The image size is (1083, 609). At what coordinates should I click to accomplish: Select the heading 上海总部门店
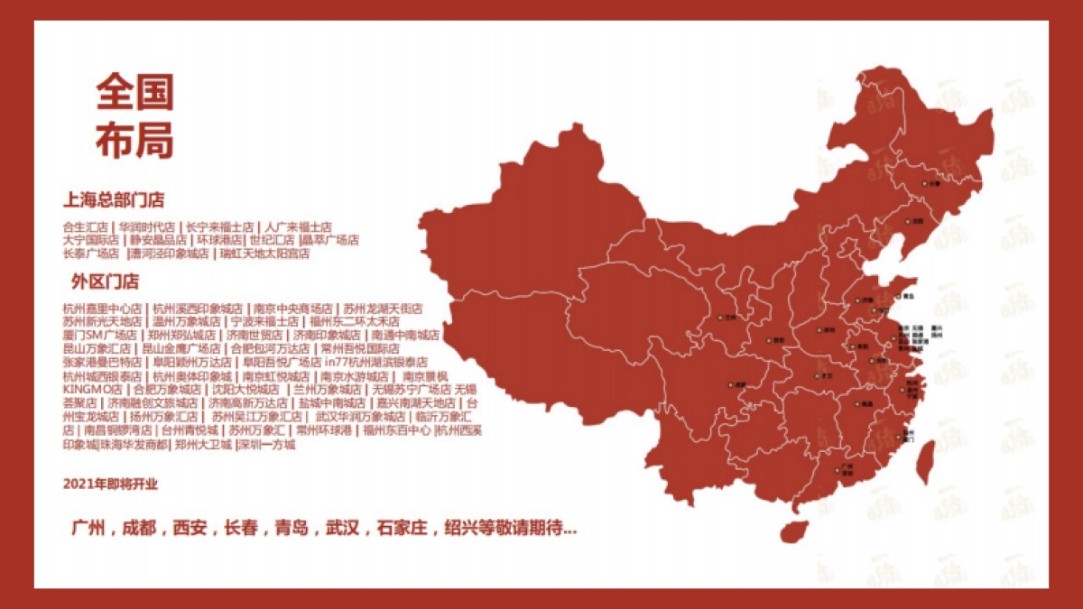coord(113,199)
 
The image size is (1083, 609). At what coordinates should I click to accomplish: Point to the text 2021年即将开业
coord(110,484)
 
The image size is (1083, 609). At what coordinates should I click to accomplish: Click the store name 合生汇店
coord(85,227)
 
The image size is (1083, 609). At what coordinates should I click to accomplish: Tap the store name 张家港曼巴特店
coord(102,362)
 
